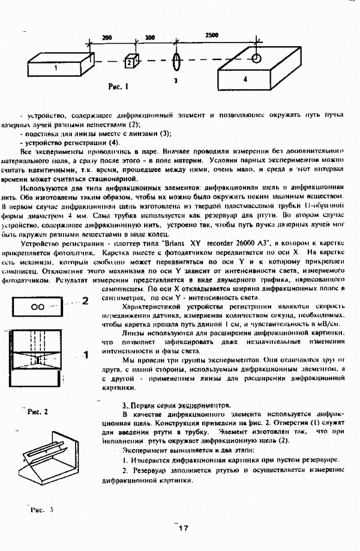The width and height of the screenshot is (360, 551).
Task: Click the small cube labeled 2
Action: point(129,61)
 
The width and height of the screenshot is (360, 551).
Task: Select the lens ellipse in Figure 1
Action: point(176,61)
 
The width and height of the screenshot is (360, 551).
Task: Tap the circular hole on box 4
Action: point(256,58)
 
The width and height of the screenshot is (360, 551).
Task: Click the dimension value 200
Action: point(107,37)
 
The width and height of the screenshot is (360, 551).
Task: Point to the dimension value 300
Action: point(149,37)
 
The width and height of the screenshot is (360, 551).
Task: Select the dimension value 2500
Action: point(212,35)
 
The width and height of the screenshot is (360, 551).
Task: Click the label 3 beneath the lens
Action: point(175,80)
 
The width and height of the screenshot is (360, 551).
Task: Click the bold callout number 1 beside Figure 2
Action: point(85,355)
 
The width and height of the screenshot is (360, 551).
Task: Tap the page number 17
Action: point(182,528)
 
